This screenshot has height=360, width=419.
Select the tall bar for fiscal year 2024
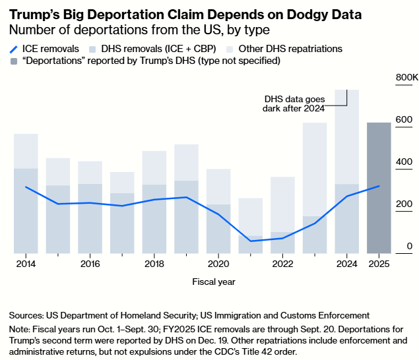(346, 171)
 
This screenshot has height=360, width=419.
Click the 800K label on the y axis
(406, 78)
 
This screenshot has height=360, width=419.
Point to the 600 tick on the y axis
(404, 120)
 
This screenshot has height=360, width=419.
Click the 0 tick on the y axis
(409, 246)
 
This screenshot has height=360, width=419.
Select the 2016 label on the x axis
(90, 264)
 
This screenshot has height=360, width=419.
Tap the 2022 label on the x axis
(282, 264)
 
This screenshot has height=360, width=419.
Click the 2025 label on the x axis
(379, 264)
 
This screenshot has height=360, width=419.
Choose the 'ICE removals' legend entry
(49, 49)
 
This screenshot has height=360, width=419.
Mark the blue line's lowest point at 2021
(250, 241)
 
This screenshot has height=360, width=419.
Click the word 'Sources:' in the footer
(27, 315)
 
